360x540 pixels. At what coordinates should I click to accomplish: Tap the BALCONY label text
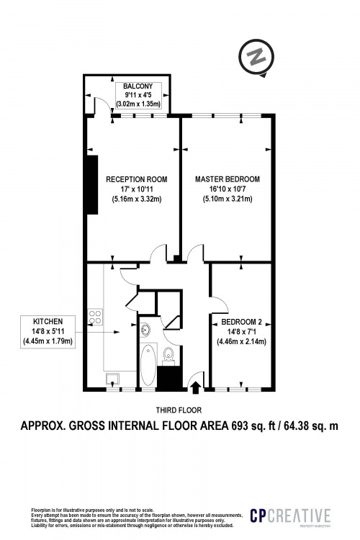[x=137, y=86]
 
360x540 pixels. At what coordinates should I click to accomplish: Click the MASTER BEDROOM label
[x=228, y=179]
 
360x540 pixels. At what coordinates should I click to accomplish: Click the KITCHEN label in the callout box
[x=48, y=322]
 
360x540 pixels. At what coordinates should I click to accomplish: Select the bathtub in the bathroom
[x=147, y=365]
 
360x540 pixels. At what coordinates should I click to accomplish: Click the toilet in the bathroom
[x=168, y=355]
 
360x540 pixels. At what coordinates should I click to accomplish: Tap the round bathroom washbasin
[x=146, y=330]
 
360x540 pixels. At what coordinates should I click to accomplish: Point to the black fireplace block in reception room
[x=92, y=184]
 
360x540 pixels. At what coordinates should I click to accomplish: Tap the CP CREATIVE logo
[x=289, y=516]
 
